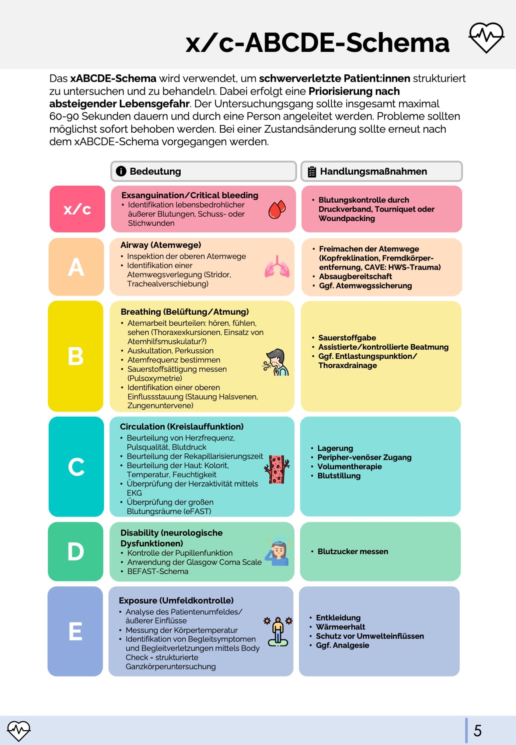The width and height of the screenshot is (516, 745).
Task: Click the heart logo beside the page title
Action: (x=486, y=37)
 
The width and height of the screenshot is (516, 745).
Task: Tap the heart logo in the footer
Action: (x=18, y=730)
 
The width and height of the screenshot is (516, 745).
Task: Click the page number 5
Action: (x=478, y=731)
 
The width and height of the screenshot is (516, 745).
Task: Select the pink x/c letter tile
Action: (x=77, y=209)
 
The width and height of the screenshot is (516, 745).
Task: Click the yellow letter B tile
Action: (x=76, y=356)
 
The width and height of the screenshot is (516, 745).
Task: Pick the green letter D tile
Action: (x=76, y=551)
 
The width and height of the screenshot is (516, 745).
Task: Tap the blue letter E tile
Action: (x=75, y=631)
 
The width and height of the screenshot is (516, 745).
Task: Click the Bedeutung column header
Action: (x=203, y=171)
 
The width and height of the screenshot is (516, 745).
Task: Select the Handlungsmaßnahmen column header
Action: (x=381, y=171)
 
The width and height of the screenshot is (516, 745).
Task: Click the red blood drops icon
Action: (x=277, y=210)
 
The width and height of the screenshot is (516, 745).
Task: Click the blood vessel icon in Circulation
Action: (x=277, y=469)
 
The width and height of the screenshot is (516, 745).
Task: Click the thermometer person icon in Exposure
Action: (x=278, y=631)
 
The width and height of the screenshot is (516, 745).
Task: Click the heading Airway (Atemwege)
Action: (x=161, y=245)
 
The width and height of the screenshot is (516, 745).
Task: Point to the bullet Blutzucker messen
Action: (x=352, y=551)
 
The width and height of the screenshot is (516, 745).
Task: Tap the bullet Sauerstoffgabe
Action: (x=347, y=338)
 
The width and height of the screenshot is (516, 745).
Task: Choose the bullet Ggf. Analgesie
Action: (x=342, y=645)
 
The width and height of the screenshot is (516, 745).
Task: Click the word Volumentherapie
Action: (x=349, y=466)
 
